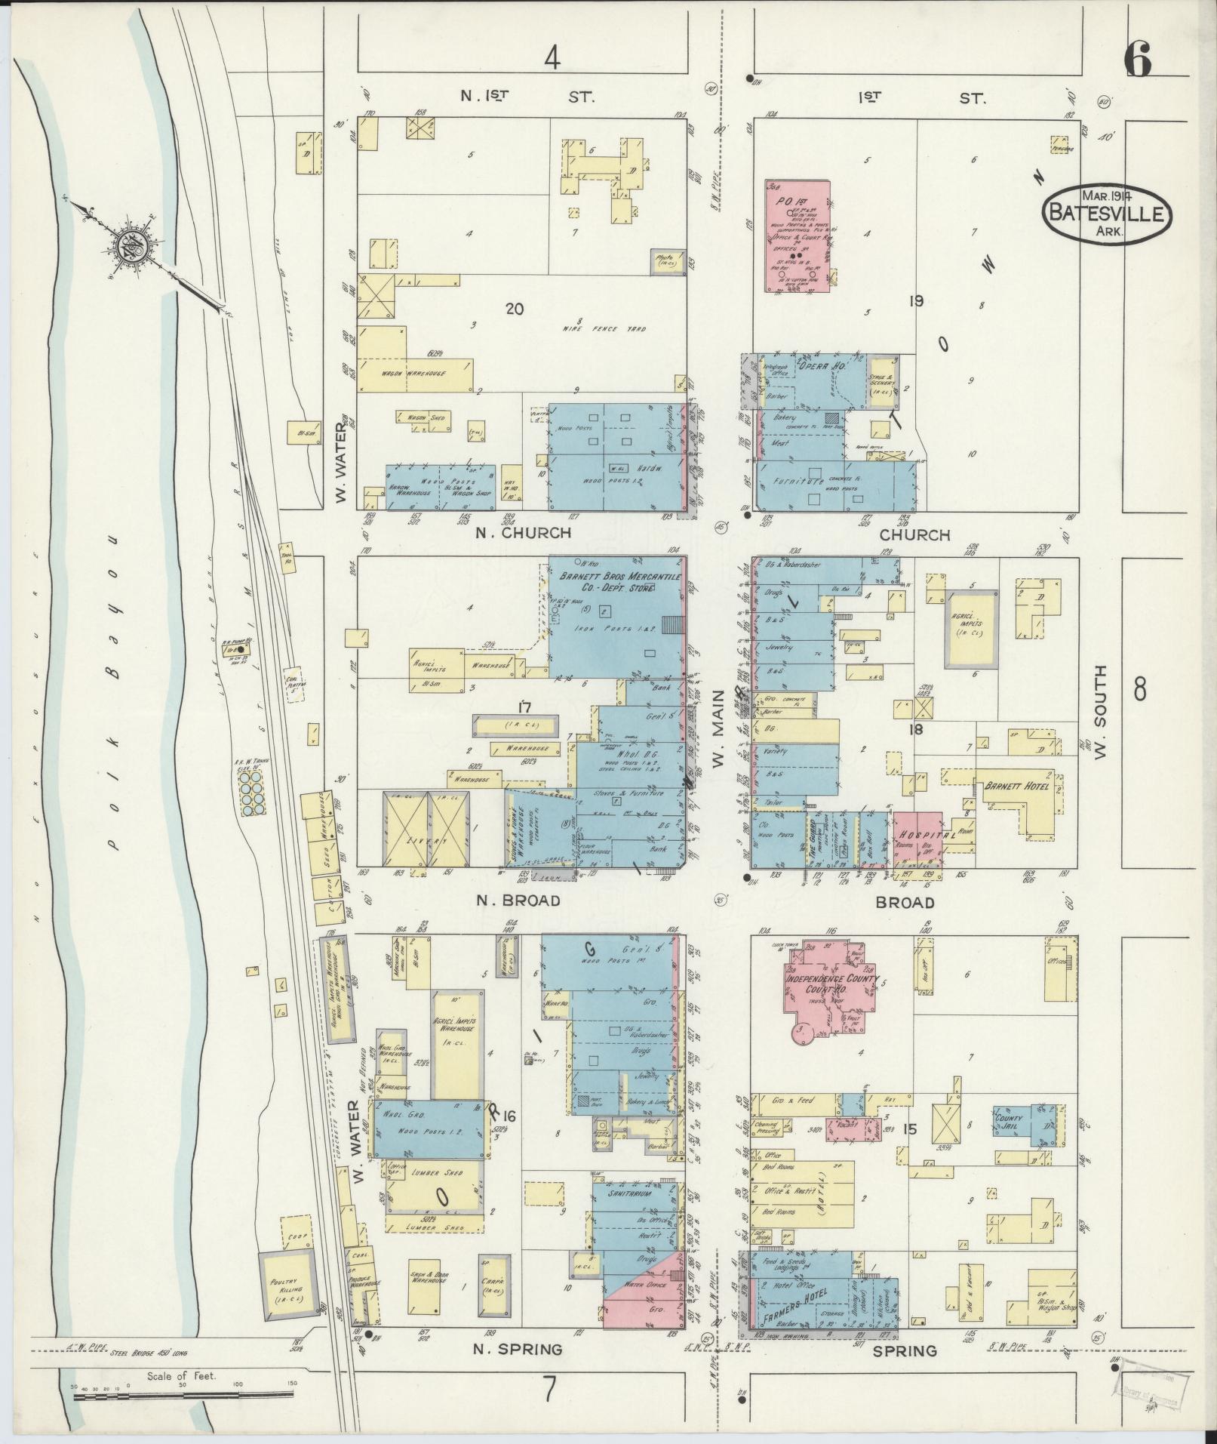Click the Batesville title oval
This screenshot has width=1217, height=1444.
[1107, 214]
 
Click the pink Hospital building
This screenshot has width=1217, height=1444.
[918, 836]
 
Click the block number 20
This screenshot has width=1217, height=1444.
[515, 308]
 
